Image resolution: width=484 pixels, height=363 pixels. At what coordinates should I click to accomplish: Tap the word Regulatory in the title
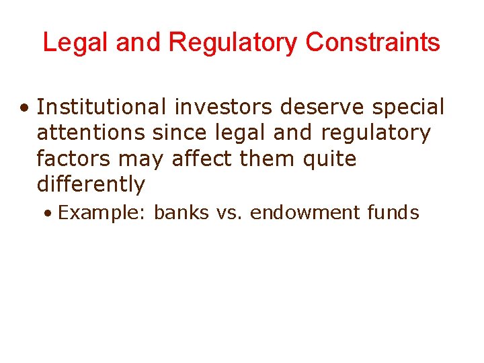click(x=233, y=42)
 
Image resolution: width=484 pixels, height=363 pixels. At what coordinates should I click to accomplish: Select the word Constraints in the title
click(x=372, y=42)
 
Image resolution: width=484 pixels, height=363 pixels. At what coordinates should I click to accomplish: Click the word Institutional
click(x=102, y=107)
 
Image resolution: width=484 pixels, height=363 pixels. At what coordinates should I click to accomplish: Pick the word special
click(x=411, y=107)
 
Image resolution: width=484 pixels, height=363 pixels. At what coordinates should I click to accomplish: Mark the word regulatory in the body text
click(x=375, y=132)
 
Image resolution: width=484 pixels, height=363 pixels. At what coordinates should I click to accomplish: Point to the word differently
click(x=91, y=184)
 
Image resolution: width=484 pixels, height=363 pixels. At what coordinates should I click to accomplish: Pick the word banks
click(x=182, y=213)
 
